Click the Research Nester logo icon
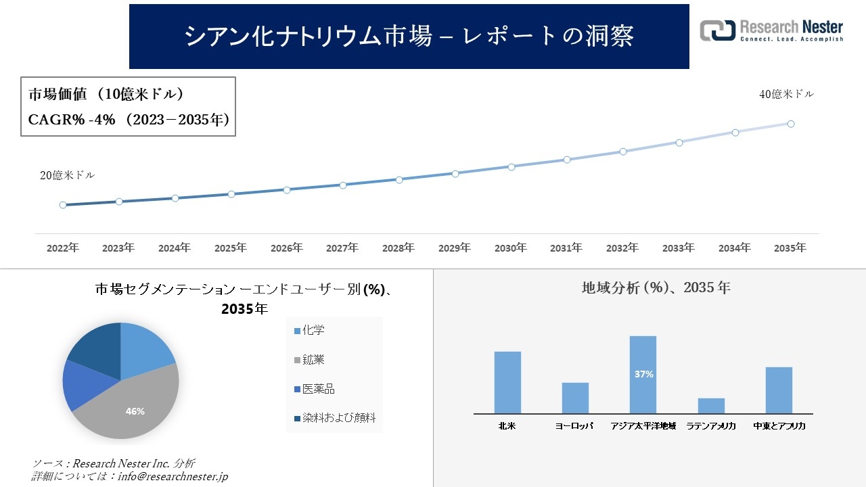click(717, 30)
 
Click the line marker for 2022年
click(63, 205)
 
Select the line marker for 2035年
click(790, 124)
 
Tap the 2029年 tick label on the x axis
click(455, 248)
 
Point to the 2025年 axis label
click(231, 248)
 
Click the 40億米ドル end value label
click(786, 95)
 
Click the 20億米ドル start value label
click(67, 175)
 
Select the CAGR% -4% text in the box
click(66, 120)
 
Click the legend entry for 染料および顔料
click(334, 418)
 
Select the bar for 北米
click(507, 382)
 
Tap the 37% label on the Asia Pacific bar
click(643, 374)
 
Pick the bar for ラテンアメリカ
click(711, 406)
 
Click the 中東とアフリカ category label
click(779, 427)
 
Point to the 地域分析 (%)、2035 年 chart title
click(656, 287)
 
